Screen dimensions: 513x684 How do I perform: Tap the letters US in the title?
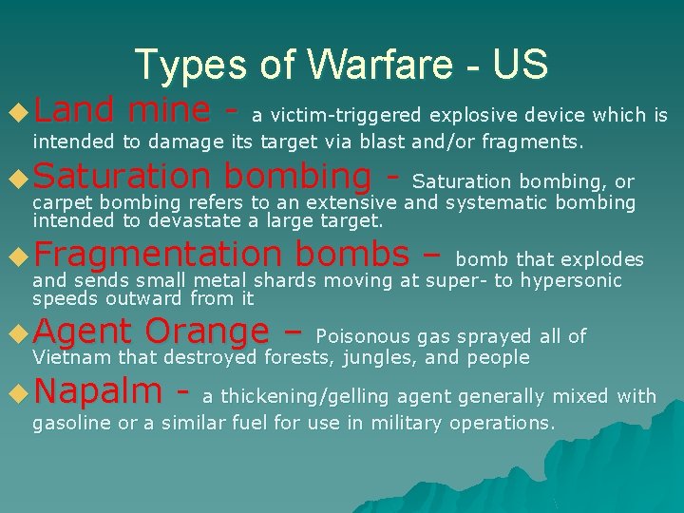pos(521,65)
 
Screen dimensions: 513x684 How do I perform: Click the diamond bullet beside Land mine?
pos(17,114)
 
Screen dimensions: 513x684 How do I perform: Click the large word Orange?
pos(207,332)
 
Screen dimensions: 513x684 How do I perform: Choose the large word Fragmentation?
pos(157,255)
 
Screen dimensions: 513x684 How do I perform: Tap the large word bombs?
pos(351,255)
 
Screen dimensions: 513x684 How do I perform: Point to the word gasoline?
pos(72,423)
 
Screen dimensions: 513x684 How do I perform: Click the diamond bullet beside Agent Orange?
pos(17,332)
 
